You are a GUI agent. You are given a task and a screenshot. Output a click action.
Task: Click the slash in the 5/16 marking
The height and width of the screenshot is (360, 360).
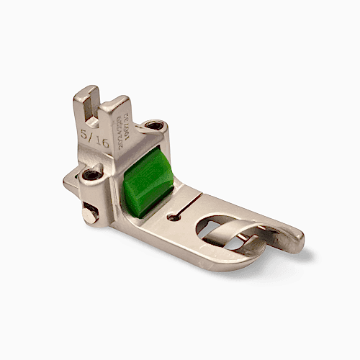point(93,139)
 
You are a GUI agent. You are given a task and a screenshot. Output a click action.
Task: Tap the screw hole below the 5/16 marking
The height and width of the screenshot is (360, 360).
point(92,175)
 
